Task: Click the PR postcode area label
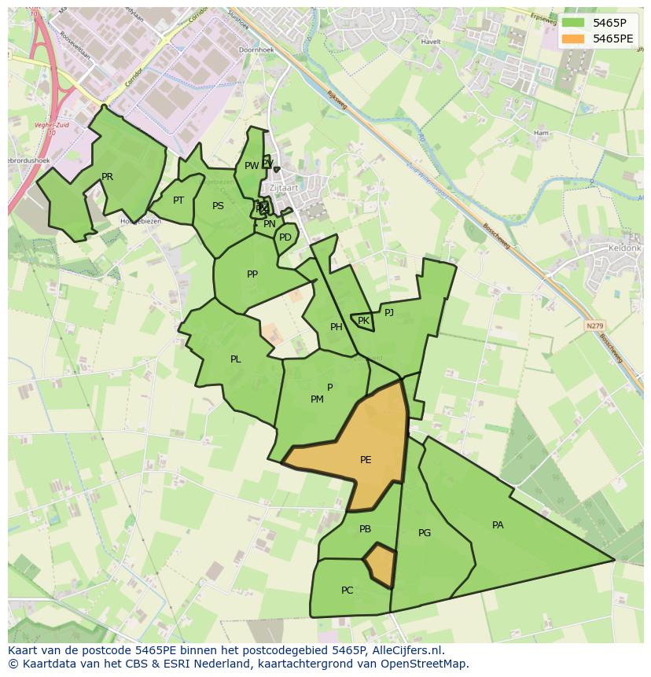(x=107, y=177)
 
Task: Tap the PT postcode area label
(x=178, y=201)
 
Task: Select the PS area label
(x=218, y=206)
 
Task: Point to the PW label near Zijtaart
(x=251, y=166)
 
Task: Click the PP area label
(x=252, y=274)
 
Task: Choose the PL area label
(x=235, y=359)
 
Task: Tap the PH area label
(x=337, y=327)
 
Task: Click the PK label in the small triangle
(x=363, y=321)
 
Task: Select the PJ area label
(x=388, y=312)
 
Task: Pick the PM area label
(x=317, y=399)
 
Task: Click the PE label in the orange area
(x=366, y=460)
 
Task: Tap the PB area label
(x=365, y=529)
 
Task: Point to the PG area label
(x=425, y=533)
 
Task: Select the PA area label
(x=498, y=525)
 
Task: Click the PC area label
(x=347, y=591)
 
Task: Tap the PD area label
(x=285, y=237)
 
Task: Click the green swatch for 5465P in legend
(x=573, y=23)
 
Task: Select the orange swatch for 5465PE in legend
(x=573, y=38)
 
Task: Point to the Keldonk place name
(x=625, y=248)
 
